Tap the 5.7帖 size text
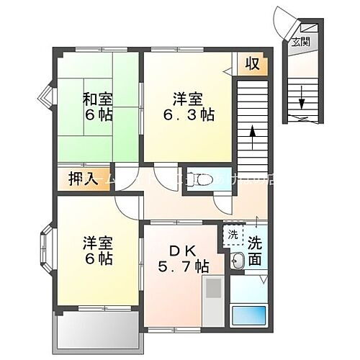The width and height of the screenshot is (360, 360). [184, 266]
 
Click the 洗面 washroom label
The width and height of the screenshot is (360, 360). [254, 251]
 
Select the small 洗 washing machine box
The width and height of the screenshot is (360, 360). [233, 234]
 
